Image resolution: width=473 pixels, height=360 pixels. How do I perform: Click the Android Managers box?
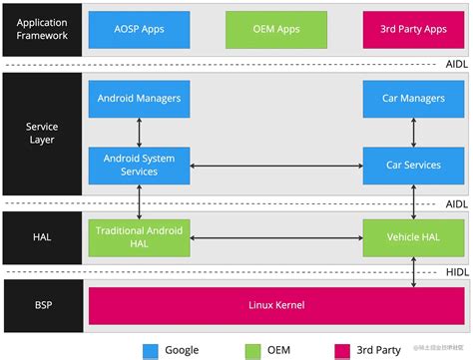point(139,100)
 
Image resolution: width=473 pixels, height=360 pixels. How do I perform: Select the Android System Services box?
point(139,164)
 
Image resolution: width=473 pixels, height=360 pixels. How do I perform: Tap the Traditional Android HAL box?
point(139,236)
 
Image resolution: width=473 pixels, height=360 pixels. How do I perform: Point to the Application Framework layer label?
point(41,28)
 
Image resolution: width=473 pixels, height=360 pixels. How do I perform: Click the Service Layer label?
point(41,133)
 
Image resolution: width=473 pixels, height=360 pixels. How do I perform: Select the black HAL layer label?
point(41,236)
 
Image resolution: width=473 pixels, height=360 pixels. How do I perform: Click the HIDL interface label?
point(454,270)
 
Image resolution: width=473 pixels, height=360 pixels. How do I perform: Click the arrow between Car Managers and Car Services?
point(410,132)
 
